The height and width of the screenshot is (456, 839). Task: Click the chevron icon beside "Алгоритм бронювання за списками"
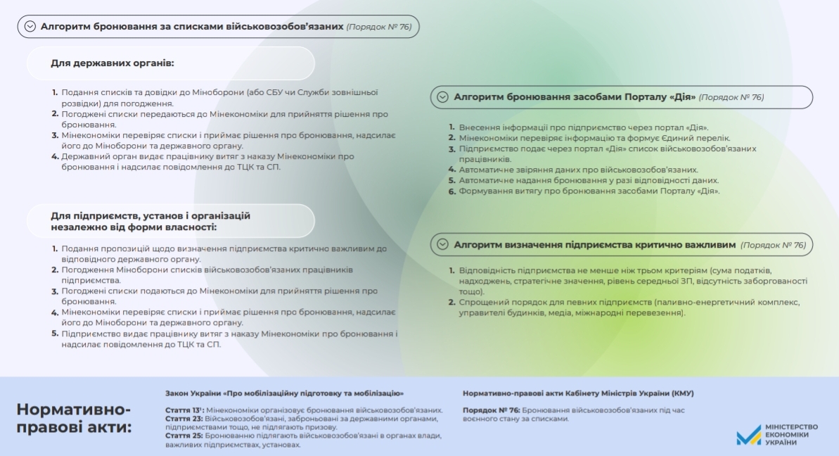pos(30,27)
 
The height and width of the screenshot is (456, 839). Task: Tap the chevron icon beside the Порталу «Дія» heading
pos(442,97)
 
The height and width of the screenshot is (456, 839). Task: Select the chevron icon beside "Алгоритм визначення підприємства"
pos(442,245)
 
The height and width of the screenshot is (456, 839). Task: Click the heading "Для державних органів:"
pos(112,63)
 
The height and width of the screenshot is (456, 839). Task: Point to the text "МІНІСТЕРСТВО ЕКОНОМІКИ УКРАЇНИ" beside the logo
pos(791,434)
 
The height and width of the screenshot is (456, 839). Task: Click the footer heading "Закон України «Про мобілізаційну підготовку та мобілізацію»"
pos(284,393)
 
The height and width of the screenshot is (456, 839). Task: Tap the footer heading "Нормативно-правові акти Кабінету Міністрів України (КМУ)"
pos(577,393)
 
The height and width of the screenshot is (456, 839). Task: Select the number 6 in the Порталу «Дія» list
pos(452,191)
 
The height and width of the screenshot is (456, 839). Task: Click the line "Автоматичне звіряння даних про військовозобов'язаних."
pos(578,170)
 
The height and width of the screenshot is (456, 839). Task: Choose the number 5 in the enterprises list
pos(55,334)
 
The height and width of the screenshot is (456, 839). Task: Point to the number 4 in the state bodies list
pos(55,156)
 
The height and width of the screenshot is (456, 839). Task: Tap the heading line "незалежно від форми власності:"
pos(133,227)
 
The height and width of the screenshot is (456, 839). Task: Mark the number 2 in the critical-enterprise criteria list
pos(452,303)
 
